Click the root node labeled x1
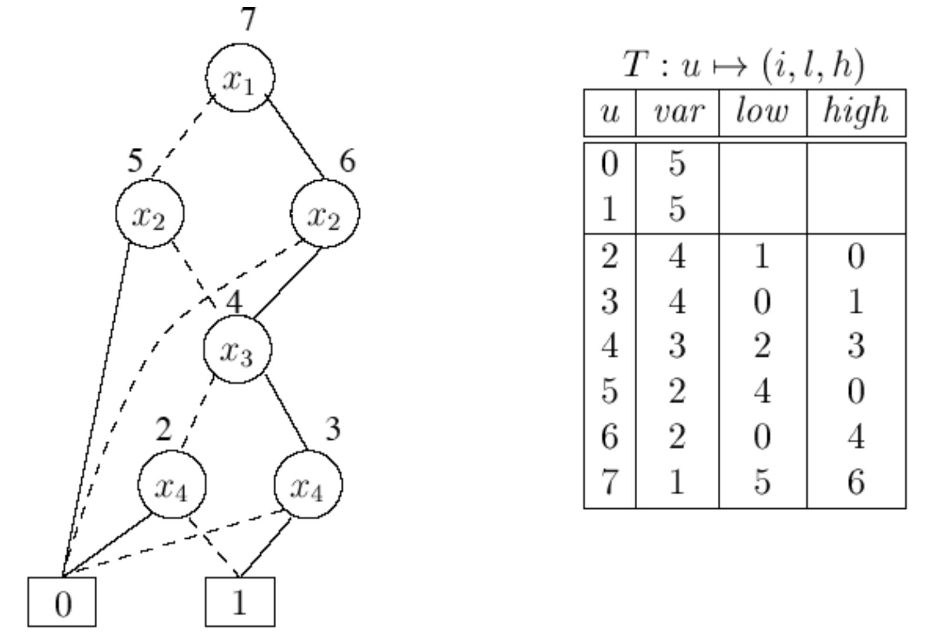[240, 78]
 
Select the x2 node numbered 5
[150, 214]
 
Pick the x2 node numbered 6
[324, 214]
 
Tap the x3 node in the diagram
[237, 349]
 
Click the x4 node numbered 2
[172, 485]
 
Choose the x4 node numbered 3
[308, 485]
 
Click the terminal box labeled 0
[62, 602]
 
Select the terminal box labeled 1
[240, 602]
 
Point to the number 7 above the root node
[249, 19]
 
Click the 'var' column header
[678, 112]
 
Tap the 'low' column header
[762, 112]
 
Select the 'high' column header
[856, 112]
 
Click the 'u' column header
[610, 112]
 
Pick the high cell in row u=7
[856, 482]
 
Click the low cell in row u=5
[762, 391]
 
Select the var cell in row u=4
[677, 346]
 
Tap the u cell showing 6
[610, 436]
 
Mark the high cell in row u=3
[856, 301]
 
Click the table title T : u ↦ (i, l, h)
[744, 65]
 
